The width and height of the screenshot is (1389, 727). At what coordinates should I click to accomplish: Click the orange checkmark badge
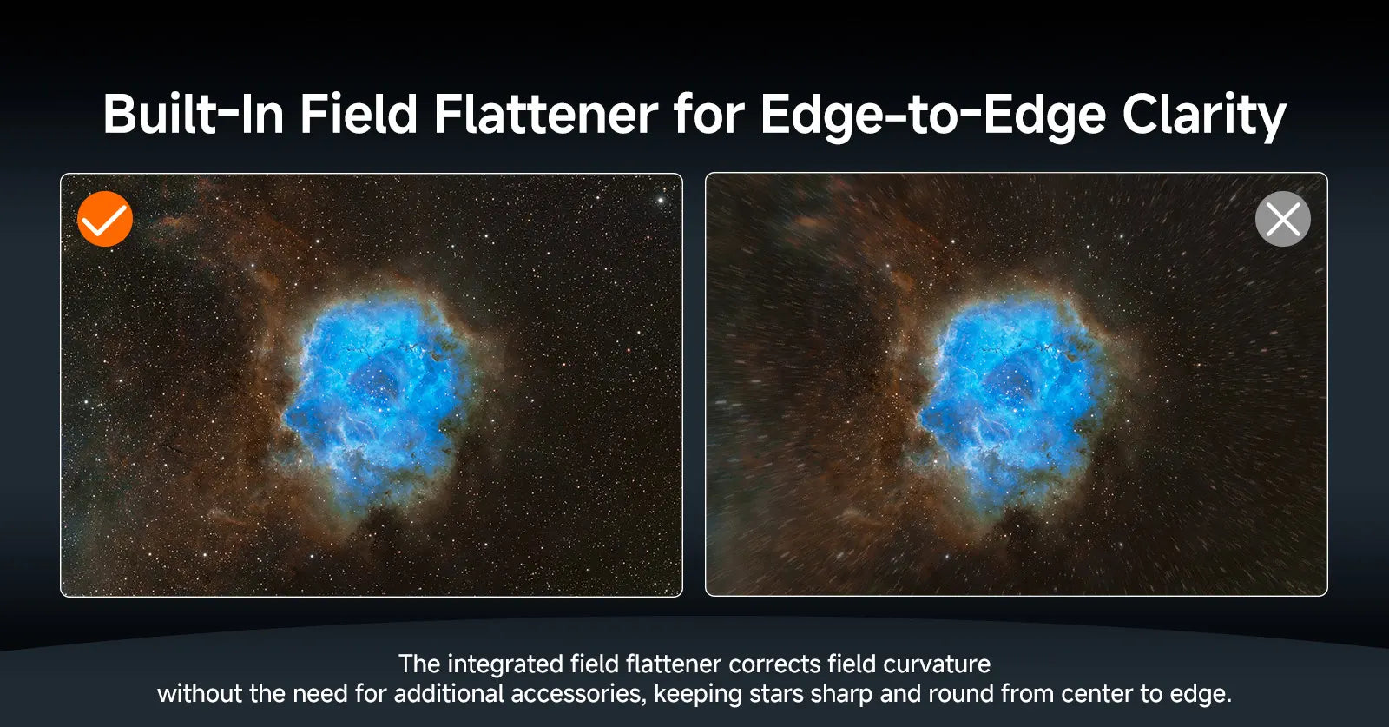coord(105,219)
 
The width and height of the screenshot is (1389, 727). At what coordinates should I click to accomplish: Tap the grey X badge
coord(1282,219)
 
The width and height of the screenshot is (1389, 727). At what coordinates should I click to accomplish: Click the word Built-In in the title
coord(194,115)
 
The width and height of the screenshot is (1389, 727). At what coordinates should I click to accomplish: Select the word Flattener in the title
coord(545,115)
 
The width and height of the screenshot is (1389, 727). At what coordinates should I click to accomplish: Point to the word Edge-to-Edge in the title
coord(932,115)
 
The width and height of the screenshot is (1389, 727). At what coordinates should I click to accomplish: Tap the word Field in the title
coord(359,115)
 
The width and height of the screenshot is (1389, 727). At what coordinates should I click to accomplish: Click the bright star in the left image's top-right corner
coord(661,201)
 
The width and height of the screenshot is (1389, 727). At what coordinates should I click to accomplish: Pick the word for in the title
coord(708,115)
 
